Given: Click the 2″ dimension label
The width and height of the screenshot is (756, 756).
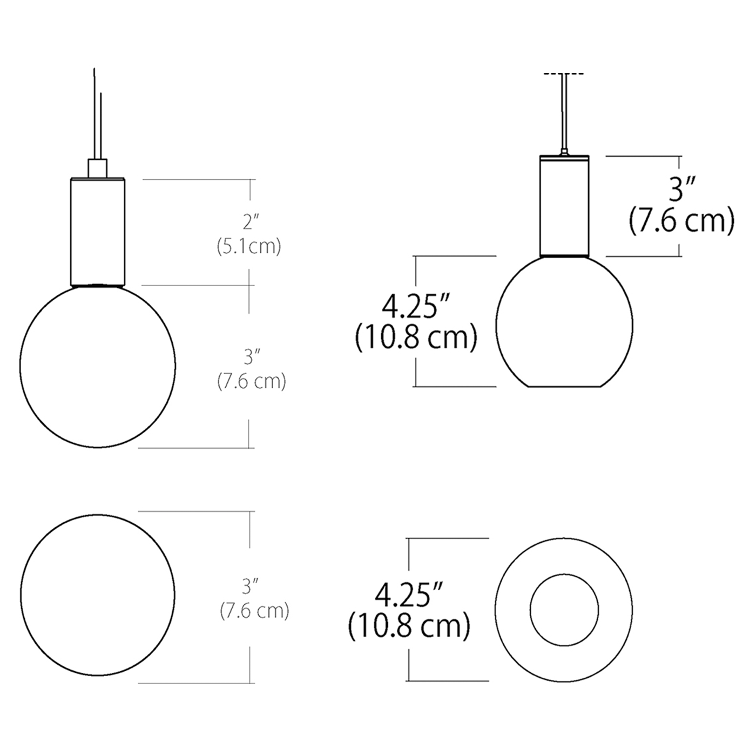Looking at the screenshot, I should pos(249,222).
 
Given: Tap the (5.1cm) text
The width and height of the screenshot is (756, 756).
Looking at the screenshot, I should pos(249,247).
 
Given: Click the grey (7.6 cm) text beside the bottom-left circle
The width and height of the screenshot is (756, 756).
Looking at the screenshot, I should pos(254,611).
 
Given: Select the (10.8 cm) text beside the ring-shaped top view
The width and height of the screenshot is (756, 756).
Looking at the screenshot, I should pos(409,627).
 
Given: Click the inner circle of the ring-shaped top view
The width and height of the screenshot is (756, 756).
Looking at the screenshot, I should pos(564,609).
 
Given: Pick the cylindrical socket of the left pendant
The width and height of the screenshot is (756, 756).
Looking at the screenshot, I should pos(98,232).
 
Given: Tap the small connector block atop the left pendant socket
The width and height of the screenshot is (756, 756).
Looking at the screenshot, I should pos(98,167).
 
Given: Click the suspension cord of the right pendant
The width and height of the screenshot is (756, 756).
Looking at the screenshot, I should pos(564,113).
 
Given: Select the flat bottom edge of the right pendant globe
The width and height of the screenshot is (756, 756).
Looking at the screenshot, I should pos(564,387).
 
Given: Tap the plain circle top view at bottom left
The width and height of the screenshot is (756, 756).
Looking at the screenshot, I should pos(98,595).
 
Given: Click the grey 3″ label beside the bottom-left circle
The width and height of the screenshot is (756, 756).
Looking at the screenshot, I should pos(252,586).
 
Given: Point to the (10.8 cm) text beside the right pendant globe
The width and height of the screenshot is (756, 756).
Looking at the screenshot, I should pos(416,338).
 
